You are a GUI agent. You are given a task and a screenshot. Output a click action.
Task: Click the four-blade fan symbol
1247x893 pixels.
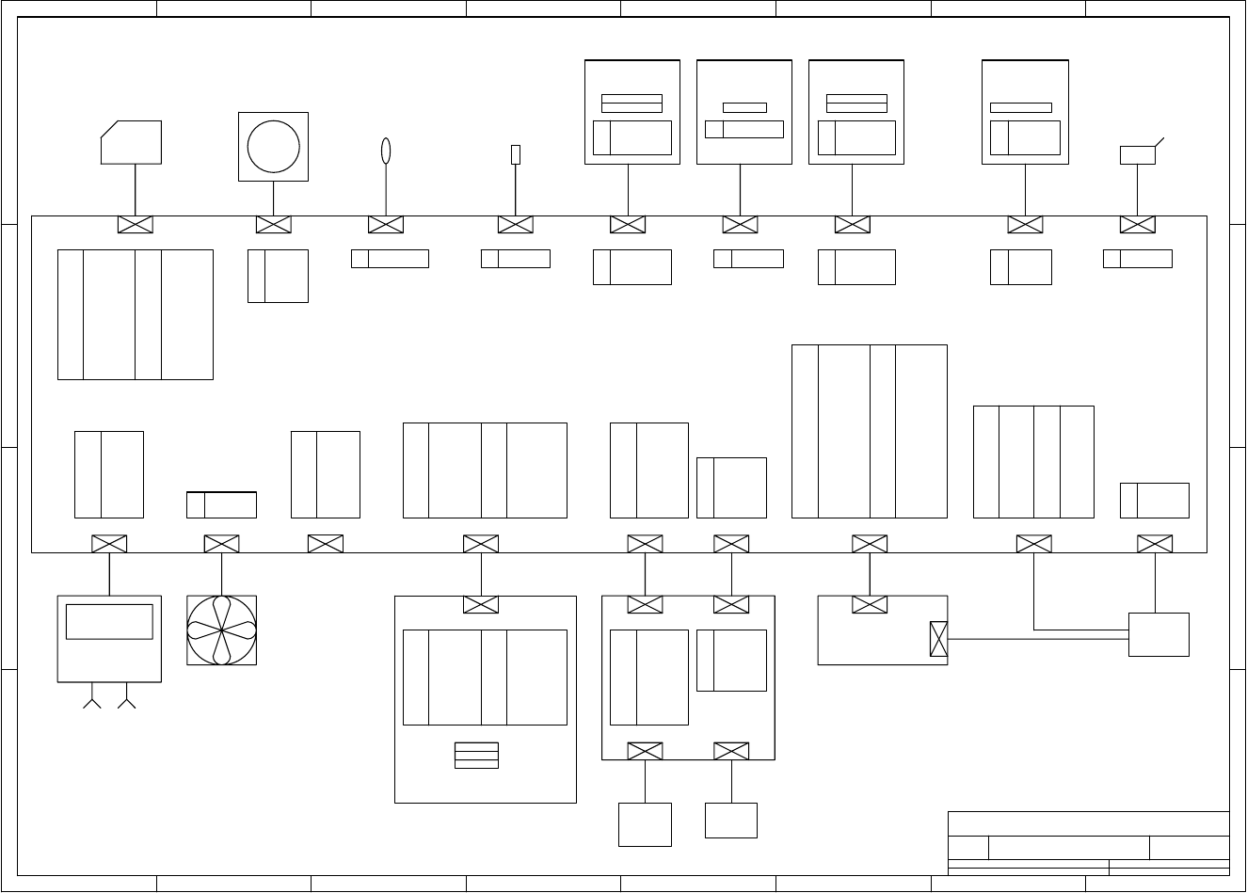[221, 630]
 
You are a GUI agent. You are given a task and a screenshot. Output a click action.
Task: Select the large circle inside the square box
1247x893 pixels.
[273, 147]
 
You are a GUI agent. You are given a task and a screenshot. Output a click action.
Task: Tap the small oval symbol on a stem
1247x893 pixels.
[385, 151]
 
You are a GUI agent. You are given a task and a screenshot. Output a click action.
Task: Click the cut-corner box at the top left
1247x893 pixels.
[132, 142]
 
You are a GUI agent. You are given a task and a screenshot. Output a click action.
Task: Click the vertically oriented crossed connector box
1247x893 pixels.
[938, 639]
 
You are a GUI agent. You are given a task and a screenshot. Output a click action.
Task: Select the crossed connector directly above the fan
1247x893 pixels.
[221, 544]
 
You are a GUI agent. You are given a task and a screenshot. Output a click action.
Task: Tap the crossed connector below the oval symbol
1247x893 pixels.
[385, 225]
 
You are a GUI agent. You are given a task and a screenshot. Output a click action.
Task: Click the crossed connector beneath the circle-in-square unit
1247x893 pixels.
[273, 225]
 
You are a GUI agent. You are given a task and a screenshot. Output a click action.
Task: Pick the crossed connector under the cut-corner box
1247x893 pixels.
[136, 225]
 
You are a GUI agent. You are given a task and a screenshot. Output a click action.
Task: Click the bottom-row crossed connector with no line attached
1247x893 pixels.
[326, 544]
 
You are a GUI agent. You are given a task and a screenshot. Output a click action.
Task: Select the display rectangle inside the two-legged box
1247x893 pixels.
[109, 621]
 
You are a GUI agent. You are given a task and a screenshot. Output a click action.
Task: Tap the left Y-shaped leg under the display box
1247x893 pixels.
[92, 702]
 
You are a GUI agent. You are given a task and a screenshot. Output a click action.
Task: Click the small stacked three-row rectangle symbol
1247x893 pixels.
[476, 755]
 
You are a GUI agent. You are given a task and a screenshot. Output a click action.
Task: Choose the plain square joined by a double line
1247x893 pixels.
[1159, 634]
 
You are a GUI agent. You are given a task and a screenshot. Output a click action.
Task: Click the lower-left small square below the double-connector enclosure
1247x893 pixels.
[645, 824]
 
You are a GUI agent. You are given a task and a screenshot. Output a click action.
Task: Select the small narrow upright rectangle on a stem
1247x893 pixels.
[515, 154]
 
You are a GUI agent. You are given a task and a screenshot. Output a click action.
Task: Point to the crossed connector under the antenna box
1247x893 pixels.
[1138, 225]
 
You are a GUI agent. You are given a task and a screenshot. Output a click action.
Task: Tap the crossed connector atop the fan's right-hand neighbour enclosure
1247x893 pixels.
[481, 604]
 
